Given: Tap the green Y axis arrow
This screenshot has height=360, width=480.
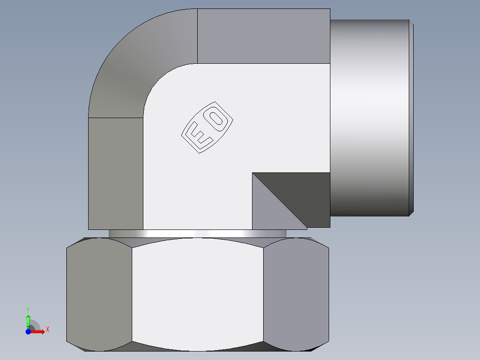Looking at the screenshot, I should pyautogui.click(x=28, y=320).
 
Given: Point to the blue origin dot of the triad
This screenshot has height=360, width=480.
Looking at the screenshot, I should pyautogui.click(x=28, y=331).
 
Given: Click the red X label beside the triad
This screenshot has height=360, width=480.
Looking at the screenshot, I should pyautogui.click(x=47, y=330).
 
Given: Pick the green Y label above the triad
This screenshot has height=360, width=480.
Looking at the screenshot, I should pyautogui.click(x=28, y=309).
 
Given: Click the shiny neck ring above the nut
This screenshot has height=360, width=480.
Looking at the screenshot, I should pyautogui.click(x=197, y=233).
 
